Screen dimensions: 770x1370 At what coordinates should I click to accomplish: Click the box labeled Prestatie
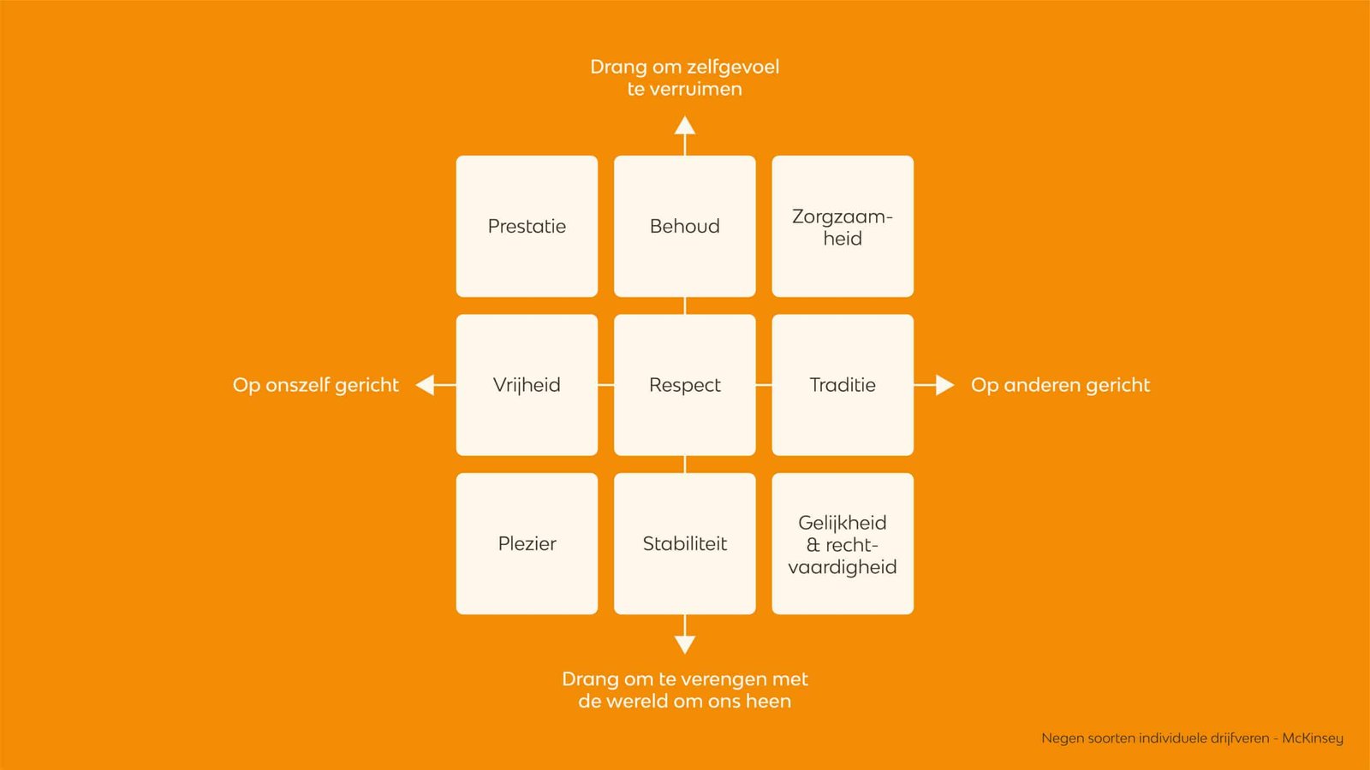527,226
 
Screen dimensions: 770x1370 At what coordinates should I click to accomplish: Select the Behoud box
684,226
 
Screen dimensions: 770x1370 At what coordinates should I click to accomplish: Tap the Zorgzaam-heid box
843,226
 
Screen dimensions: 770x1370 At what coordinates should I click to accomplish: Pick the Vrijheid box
527,385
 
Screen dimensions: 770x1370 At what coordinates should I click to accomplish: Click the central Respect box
684,385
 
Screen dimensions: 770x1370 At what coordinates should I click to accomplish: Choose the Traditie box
843,385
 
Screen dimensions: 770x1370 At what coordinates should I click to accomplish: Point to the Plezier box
527,543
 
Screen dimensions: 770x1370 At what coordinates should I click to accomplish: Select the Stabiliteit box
684,543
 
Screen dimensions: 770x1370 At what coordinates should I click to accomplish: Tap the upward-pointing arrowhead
684,127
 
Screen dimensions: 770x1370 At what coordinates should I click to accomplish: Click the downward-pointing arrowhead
684,644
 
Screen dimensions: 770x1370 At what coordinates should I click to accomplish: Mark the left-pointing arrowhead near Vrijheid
426,385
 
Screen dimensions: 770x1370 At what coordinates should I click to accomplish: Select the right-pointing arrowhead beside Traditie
944,385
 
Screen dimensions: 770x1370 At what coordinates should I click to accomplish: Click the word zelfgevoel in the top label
733,67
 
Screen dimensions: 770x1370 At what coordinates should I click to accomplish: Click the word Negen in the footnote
1062,738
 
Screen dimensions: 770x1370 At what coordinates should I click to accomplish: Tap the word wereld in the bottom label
640,702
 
